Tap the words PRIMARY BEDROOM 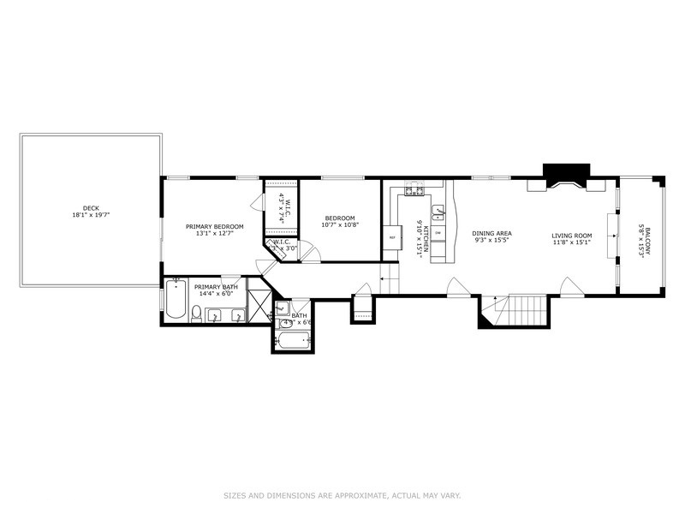coord(215,226)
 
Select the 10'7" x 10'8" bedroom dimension coord(339,225)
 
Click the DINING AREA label coord(492,233)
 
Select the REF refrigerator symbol coord(392,237)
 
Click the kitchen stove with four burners coord(414,190)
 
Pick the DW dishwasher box coord(438,233)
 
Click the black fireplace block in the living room coord(567,171)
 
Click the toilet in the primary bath coord(197,316)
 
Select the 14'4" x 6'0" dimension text coord(215,294)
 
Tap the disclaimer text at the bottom coord(342,495)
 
